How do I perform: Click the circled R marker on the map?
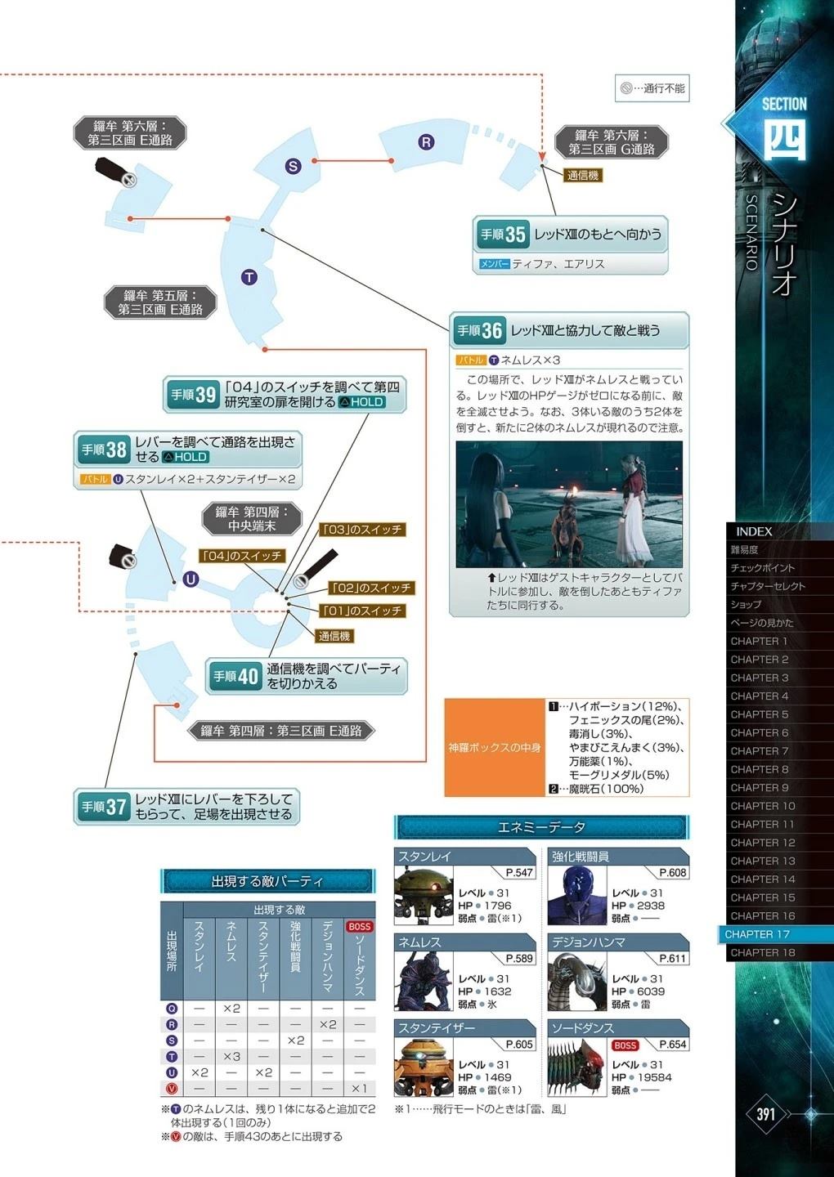click(426, 142)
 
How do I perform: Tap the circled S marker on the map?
click(293, 167)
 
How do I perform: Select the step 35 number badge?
click(502, 234)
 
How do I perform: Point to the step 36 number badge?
click(479, 330)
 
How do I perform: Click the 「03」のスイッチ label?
click(362, 530)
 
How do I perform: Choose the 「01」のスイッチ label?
click(362, 611)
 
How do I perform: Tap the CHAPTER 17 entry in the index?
click(757, 933)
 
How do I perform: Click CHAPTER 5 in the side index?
click(760, 714)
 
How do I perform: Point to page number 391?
click(765, 1113)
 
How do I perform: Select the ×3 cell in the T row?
click(231, 1056)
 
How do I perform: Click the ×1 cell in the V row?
click(360, 1088)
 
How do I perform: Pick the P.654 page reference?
click(672, 1044)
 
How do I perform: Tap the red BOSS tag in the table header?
click(360, 926)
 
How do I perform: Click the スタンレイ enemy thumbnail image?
click(424, 895)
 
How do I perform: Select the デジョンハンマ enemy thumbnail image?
click(576, 981)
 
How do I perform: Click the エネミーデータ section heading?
click(541, 827)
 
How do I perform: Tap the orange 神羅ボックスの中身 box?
click(495, 747)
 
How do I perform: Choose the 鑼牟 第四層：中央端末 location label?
click(252, 518)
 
